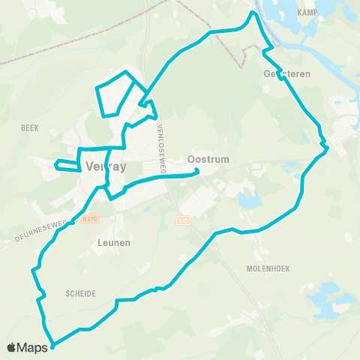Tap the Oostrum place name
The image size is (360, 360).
pos(207,160)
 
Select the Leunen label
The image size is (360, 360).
pos(114,243)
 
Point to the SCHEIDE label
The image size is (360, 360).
pos(80,294)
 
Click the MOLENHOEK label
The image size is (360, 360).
pos(267,268)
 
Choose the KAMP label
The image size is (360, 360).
pos(307,13)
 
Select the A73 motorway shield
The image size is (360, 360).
pos(184,220)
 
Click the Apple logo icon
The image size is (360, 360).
pos(13,347)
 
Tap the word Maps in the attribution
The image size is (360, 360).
pos(34,347)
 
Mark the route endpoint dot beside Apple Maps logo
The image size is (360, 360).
pos(52,346)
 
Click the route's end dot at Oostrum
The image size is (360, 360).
pos(197,171)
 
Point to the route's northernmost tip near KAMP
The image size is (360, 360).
pos(253,12)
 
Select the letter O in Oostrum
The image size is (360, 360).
pos(190,160)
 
